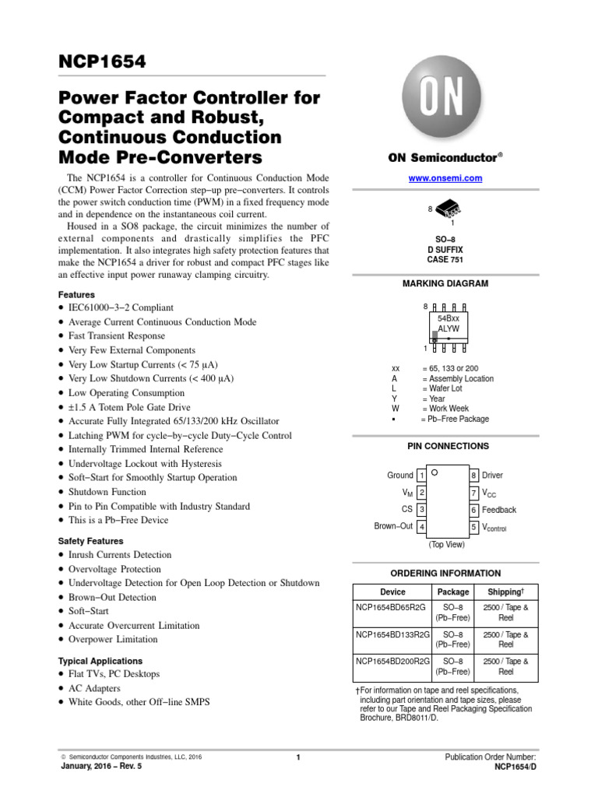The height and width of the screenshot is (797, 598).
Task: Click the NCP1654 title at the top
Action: click(x=102, y=61)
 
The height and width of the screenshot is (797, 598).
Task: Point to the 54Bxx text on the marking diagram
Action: click(x=448, y=319)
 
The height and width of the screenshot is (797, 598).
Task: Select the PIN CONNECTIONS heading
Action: click(x=448, y=446)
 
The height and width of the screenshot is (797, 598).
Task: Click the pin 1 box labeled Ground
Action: click(x=421, y=475)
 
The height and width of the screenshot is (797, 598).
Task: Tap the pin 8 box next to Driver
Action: click(x=473, y=475)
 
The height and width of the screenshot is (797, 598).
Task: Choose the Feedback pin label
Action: click(x=499, y=510)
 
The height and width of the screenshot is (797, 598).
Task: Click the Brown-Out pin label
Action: click(x=393, y=526)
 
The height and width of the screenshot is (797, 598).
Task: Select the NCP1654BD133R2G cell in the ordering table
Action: click(x=392, y=635)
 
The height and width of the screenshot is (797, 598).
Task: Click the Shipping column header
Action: click(x=505, y=592)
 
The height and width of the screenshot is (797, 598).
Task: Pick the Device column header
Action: click(x=392, y=592)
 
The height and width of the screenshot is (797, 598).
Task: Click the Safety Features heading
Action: click(x=91, y=541)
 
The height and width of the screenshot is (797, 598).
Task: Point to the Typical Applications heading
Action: click(x=100, y=661)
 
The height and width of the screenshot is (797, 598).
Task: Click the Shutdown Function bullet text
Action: click(x=107, y=492)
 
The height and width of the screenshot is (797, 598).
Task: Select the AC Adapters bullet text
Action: click(x=94, y=689)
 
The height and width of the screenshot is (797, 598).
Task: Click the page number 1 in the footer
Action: click(x=298, y=757)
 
